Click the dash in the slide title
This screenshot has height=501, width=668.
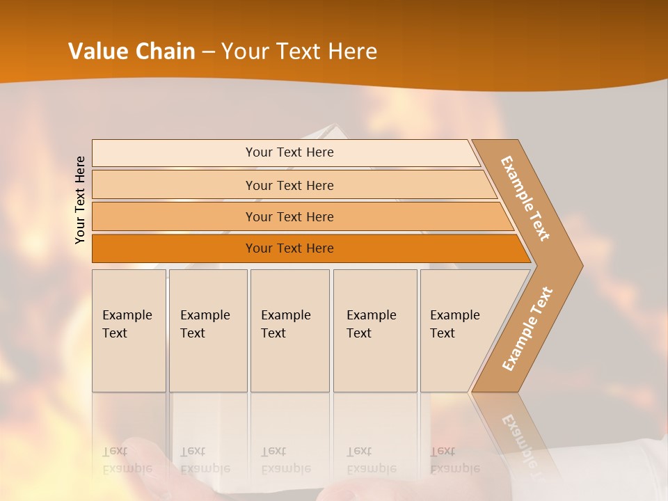208,52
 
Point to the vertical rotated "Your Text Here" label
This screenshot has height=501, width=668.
80,200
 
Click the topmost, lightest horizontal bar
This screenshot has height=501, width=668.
289,152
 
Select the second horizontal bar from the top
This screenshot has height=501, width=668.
289,185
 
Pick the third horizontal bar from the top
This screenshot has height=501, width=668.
289,216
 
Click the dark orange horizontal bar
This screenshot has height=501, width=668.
289,248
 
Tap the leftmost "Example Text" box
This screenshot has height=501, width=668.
129,331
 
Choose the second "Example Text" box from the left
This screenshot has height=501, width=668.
207,331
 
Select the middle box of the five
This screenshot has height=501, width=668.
289,331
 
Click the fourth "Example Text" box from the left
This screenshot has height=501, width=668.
374,331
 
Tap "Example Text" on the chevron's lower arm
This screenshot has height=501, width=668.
527,329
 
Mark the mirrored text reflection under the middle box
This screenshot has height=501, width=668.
286,460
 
